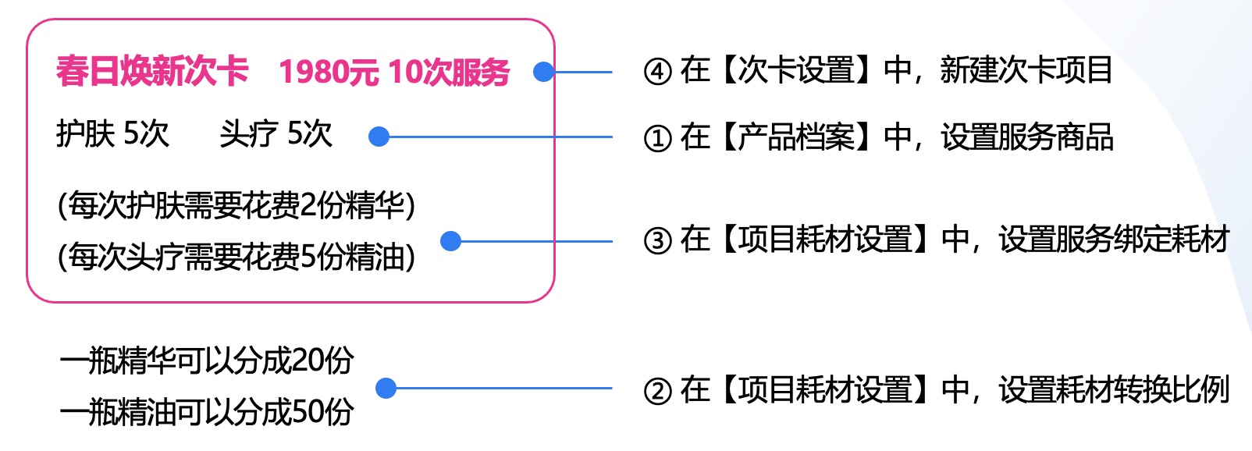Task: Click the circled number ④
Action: [657, 72]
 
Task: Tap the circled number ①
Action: [657, 138]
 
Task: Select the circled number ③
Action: [657, 241]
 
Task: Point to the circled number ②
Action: [657, 390]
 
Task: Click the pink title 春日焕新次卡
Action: [152, 72]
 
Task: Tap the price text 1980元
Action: [329, 72]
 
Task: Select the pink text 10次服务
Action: [449, 72]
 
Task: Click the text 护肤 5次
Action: [112, 134]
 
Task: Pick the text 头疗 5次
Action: [276, 134]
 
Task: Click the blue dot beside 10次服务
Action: [543, 72]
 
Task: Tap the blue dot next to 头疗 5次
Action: [379, 137]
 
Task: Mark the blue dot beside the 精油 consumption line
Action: [450, 241]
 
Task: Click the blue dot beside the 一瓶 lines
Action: [386, 388]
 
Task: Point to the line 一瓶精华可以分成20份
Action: [207, 360]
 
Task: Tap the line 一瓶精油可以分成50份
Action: [207, 411]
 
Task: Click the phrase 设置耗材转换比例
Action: [1114, 389]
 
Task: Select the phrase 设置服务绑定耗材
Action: [1114, 240]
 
